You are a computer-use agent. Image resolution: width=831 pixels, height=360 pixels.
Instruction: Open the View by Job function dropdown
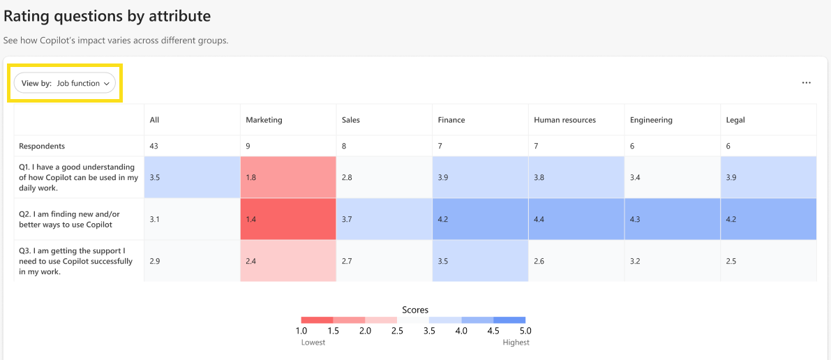pos(65,83)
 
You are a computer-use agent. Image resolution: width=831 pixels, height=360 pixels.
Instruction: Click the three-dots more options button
pos(806,83)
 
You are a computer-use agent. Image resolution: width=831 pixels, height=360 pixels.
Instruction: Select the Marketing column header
pos(264,121)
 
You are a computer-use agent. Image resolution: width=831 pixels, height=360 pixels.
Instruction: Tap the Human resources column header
pos(565,121)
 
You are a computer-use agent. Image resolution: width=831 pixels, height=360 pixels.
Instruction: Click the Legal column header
pos(735,121)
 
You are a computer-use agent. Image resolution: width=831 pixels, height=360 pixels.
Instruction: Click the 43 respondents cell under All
pos(154,146)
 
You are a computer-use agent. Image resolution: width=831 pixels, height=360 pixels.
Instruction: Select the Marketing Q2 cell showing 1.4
pos(288,219)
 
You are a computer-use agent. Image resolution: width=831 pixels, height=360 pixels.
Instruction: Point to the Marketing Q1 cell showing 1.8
pos(288,177)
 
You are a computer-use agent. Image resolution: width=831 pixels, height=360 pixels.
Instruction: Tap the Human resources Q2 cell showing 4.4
pos(576,219)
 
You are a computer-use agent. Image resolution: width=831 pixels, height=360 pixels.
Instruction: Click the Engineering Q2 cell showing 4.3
pos(673,219)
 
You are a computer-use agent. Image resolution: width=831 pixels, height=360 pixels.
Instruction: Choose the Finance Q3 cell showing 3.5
pos(480,261)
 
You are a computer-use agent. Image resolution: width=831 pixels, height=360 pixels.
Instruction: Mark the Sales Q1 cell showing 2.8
pos(384,177)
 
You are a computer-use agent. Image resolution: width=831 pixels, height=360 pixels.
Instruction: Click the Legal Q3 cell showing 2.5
pos(768,261)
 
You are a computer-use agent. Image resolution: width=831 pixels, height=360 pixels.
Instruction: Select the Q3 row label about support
pos(75,261)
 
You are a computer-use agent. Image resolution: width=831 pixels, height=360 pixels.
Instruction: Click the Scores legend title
pos(415,310)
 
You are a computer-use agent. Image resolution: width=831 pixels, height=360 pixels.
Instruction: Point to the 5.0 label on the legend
pos(525,331)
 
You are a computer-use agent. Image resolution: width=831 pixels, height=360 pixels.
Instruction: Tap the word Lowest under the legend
pos(313,343)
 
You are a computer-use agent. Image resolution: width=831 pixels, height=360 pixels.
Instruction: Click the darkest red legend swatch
pos(317,320)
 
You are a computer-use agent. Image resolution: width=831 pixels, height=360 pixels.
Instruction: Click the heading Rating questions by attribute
pos(107,17)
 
